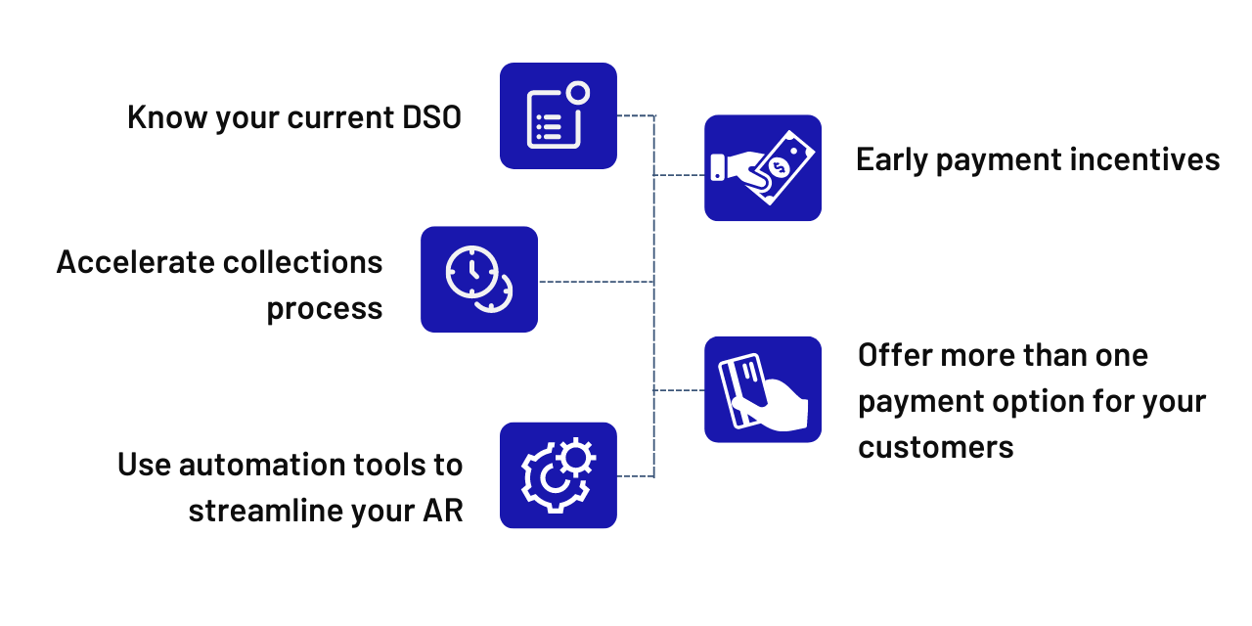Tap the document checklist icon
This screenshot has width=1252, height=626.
[x=558, y=116]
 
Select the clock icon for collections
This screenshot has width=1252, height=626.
[x=478, y=280]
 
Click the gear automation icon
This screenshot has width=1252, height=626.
[x=558, y=475]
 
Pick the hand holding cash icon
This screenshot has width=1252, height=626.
[x=763, y=168]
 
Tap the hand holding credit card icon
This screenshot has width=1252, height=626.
[x=763, y=389]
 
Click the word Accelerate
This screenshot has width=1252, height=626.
[x=135, y=262]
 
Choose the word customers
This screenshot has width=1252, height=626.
[x=936, y=447]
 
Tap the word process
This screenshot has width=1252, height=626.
[x=325, y=309]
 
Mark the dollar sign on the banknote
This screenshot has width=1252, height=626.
[x=780, y=167]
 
